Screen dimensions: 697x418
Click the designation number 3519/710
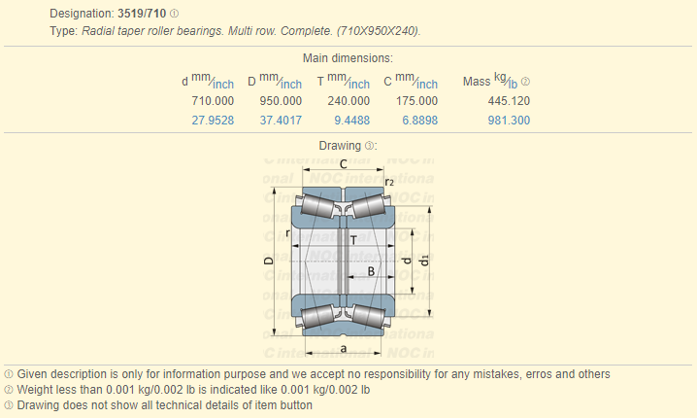coord(142,14)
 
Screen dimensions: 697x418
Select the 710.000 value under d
coord(213,101)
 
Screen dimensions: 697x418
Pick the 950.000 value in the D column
coord(281,101)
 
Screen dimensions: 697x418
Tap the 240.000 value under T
coord(348,101)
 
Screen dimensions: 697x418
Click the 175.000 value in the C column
coord(416,101)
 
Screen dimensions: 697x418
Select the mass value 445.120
coord(509,101)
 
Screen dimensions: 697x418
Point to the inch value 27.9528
coord(213,121)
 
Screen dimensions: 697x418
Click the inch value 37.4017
coord(281,121)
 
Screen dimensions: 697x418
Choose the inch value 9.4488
coord(351,121)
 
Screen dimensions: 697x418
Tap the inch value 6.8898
coord(419,121)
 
